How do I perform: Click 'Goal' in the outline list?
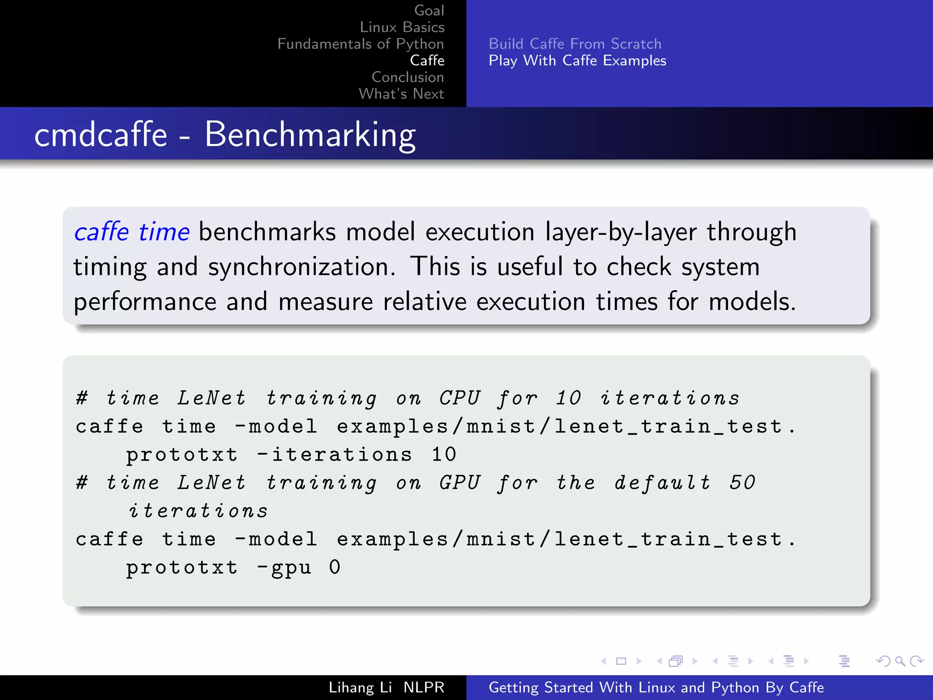429,10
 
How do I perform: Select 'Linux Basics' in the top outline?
402,27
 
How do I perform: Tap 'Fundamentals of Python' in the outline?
360,44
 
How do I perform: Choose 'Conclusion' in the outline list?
407,77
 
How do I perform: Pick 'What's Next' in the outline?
401,94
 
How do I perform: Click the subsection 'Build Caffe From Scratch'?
575,44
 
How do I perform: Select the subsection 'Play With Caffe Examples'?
577,61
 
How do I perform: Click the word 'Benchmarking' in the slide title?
310,135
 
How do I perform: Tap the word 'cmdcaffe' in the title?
101,135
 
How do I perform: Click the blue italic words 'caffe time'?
132,232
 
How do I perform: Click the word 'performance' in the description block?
145,302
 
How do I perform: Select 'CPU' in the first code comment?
460,398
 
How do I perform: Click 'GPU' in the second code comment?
460,483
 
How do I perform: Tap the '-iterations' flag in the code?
335,454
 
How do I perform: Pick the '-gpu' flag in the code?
284,567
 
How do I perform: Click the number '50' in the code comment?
742,483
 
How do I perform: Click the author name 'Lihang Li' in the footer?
360,687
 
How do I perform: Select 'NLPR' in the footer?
424,687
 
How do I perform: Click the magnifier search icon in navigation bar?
900,661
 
